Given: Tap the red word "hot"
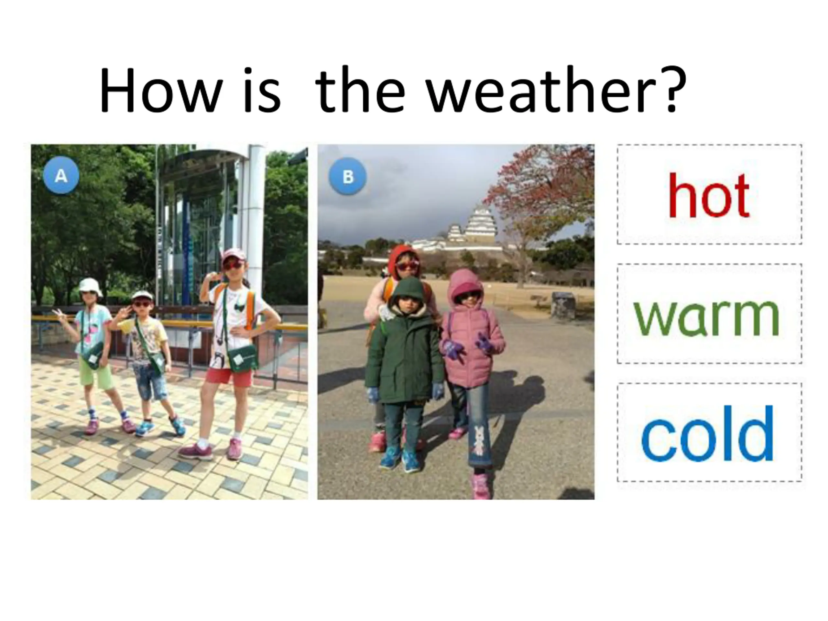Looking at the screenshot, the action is coord(709,196).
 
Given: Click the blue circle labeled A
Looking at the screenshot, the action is coord(61,175).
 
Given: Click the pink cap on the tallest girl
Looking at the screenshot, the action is coord(234,256).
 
